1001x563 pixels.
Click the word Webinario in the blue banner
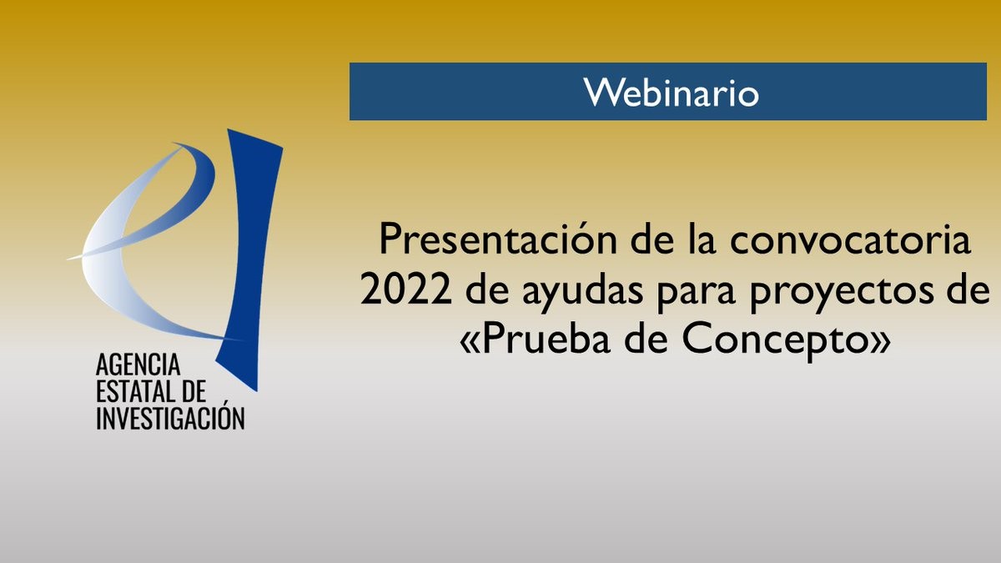[x=671, y=93]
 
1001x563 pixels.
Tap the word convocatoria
[x=850, y=240]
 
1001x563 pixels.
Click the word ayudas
[x=584, y=293]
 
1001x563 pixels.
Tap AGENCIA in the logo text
[x=138, y=364]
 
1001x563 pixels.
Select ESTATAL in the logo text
[x=133, y=391]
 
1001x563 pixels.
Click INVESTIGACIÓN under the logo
[x=170, y=416]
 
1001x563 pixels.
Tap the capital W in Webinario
[x=601, y=93]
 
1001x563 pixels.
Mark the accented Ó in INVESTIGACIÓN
[x=217, y=416]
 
